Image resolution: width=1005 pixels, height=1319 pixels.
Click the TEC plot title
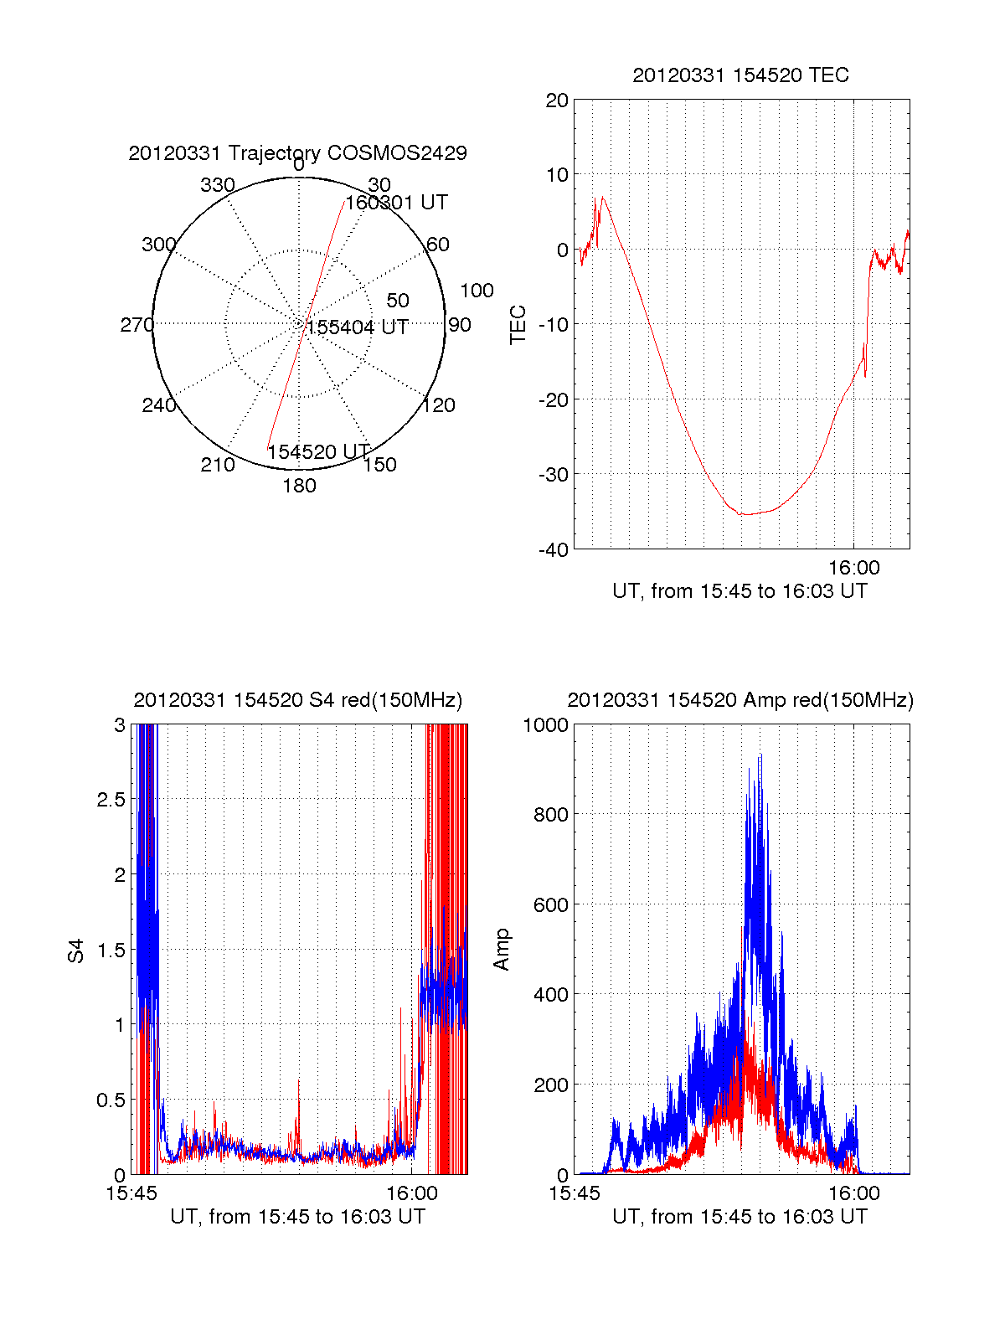[x=740, y=75]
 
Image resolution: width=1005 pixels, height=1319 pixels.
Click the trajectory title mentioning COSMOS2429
[x=297, y=153]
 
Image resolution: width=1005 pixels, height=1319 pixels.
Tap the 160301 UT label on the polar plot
[x=397, y=203]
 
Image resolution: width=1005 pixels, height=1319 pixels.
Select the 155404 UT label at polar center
[x=358, y=327]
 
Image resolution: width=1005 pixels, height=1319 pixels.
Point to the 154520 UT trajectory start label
[x=318, y=452]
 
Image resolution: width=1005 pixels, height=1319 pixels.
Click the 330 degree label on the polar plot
[x=217, y=185]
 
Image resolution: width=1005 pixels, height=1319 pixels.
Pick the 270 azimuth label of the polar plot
[x=137, y=325]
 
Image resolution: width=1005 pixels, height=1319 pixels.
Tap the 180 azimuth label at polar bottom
[x=299, y=486]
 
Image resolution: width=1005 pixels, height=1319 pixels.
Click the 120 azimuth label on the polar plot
[x=439, y=405]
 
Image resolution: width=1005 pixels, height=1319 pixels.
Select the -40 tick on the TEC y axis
[x=553, y=549]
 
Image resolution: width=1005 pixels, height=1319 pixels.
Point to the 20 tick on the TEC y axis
[x=557, y=100]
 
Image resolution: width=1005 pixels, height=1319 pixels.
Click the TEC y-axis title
[x=518, y=325]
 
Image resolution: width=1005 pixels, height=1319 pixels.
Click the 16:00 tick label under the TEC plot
[x=853, y=568]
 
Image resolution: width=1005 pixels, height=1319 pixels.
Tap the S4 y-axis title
[x=76, y=951]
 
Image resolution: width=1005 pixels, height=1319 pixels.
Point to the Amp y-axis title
[x=502, y=950]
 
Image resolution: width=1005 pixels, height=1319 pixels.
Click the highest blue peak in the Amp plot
[x=760, y=756]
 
